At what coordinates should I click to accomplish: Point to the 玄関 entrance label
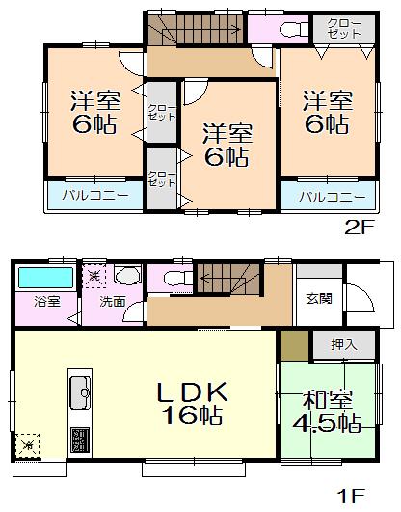[319, 298]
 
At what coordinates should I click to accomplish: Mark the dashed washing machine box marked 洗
[95, 276]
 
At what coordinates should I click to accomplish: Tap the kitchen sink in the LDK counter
[79, 392]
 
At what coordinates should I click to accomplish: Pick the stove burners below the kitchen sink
[79, 440]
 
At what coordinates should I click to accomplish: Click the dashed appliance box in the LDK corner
[28, 445]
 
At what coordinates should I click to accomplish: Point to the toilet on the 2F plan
[285, 30]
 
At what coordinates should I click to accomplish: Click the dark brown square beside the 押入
[294, 344]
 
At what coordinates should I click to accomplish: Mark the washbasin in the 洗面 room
[126, 276]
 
